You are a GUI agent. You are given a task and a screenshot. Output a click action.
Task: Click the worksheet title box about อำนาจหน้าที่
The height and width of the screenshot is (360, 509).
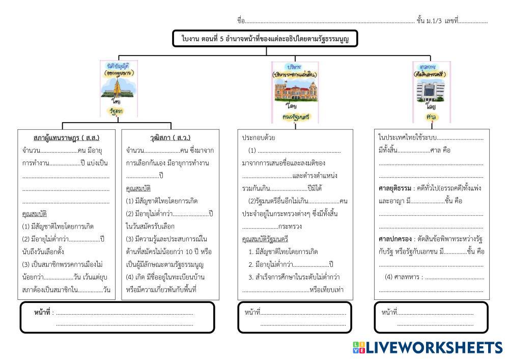point(265,39)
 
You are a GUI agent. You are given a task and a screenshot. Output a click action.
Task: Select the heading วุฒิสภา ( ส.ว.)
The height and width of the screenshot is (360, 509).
point(171,137)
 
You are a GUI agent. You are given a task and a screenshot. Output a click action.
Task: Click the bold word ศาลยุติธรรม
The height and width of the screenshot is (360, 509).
point(394,188)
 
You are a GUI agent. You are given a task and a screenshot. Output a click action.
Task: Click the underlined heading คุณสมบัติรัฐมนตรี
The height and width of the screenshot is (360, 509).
point(265,239)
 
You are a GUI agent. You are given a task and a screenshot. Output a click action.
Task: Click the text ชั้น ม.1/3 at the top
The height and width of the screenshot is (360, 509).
point(428,21)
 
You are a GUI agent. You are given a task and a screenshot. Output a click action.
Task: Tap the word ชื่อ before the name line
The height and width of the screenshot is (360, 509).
point(241,21)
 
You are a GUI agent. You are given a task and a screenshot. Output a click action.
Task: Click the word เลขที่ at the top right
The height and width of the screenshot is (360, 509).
point(451,21)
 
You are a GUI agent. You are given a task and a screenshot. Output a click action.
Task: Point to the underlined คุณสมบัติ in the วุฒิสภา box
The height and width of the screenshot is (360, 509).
point(138,188)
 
